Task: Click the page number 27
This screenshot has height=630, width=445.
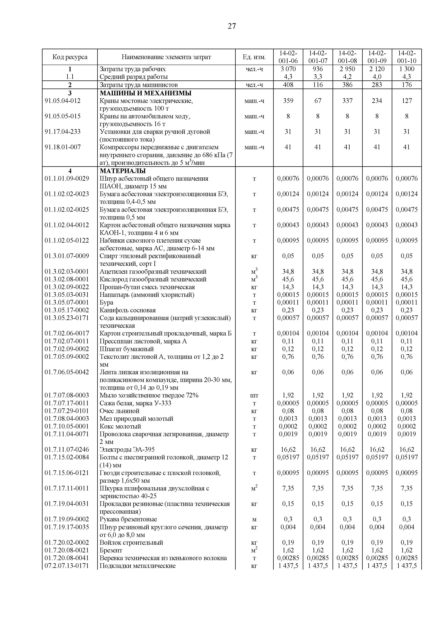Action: coord(232,26)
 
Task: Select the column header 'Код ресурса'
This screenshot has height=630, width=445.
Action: coord(70,57)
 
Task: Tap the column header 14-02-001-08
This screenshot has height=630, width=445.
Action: coord(347,57)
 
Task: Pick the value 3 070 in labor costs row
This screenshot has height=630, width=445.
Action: coord(288,69)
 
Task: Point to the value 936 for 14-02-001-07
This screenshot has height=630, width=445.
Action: coord(318,69)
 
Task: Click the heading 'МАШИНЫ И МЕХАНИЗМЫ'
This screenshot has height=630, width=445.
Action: coord(145,93)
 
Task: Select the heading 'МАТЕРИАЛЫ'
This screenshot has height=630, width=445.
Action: coord(123,171)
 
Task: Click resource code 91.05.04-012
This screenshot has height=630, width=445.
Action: coord(63,101)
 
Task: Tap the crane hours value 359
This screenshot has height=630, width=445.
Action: coord(288,101)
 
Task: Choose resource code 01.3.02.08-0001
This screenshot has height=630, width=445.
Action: coord(67,279)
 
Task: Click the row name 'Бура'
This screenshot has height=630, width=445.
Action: coord(106,302)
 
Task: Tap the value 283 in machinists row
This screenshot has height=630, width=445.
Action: coord(377,85)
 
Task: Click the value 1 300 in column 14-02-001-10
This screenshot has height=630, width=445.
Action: coord(407,69)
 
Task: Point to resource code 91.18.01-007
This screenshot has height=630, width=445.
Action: coord(63,147)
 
